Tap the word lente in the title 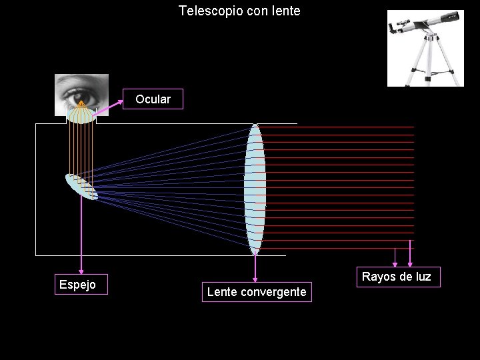(x=287, y=11)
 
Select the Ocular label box (x=153, y=99)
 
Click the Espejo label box (x=77, y=285)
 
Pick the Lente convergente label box (x=257, y=292)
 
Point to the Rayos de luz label (x=397, y=277)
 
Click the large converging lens (x=255, y=190)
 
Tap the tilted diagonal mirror (x=81, y=187)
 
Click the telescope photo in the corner (x=425, y=48)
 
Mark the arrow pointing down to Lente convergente (x=255, y=267)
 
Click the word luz (x=423, y=277)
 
